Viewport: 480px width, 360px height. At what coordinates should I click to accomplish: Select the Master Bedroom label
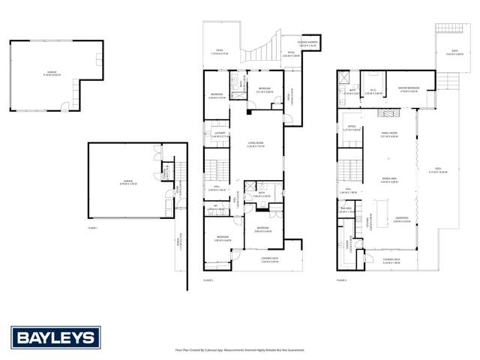click(409, 91)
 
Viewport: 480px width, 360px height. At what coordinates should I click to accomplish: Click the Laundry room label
click(219, 135)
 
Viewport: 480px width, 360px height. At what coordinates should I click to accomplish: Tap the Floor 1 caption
click(92, 227)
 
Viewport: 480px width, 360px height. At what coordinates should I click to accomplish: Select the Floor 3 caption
click(341, 280)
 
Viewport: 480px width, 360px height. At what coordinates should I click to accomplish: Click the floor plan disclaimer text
click(240, 349)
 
